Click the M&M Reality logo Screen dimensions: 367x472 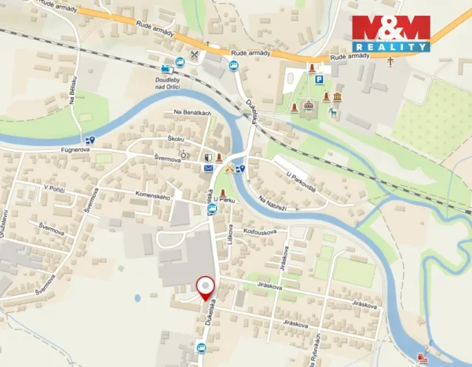[x=391, y=34]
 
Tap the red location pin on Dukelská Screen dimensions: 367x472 [x=206, y=288]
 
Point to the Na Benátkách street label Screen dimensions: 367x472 [x=192, y=113]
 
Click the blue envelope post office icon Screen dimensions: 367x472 [x=209, y=168]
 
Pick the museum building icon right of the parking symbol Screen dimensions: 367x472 [x=337, y=96]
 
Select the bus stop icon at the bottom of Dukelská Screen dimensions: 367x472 [x=200, y=348]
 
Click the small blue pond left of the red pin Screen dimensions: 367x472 [x=138, y=297]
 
